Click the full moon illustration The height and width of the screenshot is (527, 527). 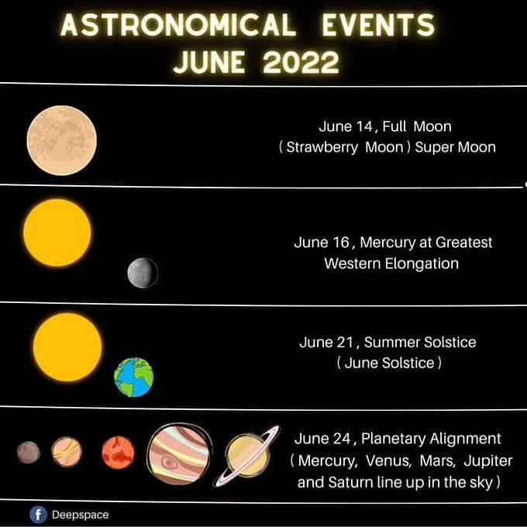(x=62, y=140)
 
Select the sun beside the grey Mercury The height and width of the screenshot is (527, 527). (x=57, y=233)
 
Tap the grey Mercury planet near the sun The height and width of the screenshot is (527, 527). (x=143, y=273)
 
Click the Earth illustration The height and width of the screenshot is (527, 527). (x=134, y=377)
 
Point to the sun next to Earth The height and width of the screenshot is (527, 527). (x=67, y=347)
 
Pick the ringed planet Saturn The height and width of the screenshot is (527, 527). (x=248, y=455)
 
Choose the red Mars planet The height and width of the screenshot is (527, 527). (x=119, y=453)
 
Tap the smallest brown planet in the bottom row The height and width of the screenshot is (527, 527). (x=29, y=453)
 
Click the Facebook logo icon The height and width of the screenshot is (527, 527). (x=38, y=515)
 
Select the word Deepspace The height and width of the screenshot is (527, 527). (x=81, y=515)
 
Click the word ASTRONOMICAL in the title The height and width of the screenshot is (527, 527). (x=178, y=26)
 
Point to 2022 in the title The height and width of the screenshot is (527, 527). (x=301, y=63)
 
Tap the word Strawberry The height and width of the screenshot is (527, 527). (x=322, y=147)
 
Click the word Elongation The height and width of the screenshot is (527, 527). (x=422, y=263)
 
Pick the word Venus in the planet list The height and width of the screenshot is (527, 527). (x=388, y=461)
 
